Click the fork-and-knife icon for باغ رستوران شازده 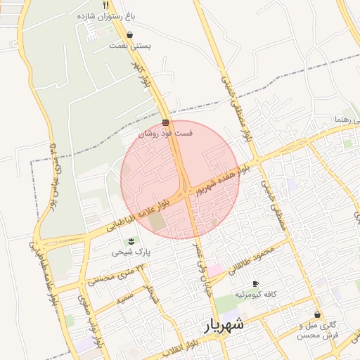tap(105, 4)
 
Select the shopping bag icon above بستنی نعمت tap(129, 35)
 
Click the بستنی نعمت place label tap(130, 46)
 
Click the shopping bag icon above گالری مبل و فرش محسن tap(318, 314)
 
